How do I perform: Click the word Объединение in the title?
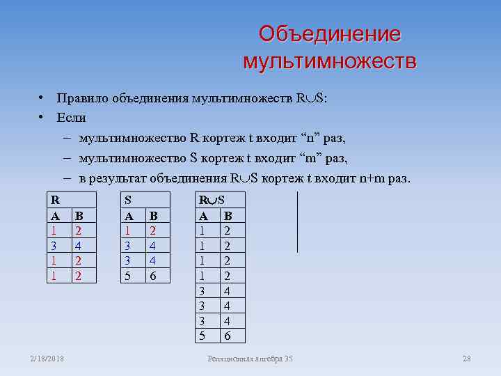(x=329, y=34)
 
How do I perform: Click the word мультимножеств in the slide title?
(x=330, y=61)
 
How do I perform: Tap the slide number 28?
(x=467, y=359)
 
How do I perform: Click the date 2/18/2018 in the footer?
(x=47, y=359)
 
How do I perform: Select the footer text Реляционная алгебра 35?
(x=250, y=359)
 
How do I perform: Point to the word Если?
(x=72, y=118)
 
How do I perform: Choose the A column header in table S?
(x=127, y=215)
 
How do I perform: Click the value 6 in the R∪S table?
(x=227, y=336)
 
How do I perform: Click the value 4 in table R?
(x=79, y=245)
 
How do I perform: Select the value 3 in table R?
(x=52, y=245)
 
